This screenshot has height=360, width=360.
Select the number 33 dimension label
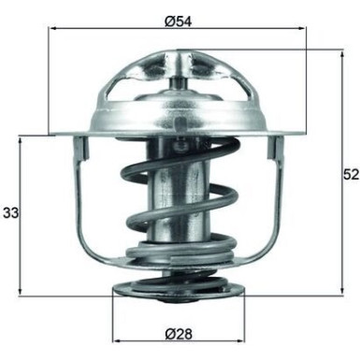[11, 212]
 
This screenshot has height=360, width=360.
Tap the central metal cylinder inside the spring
[178, 187]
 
